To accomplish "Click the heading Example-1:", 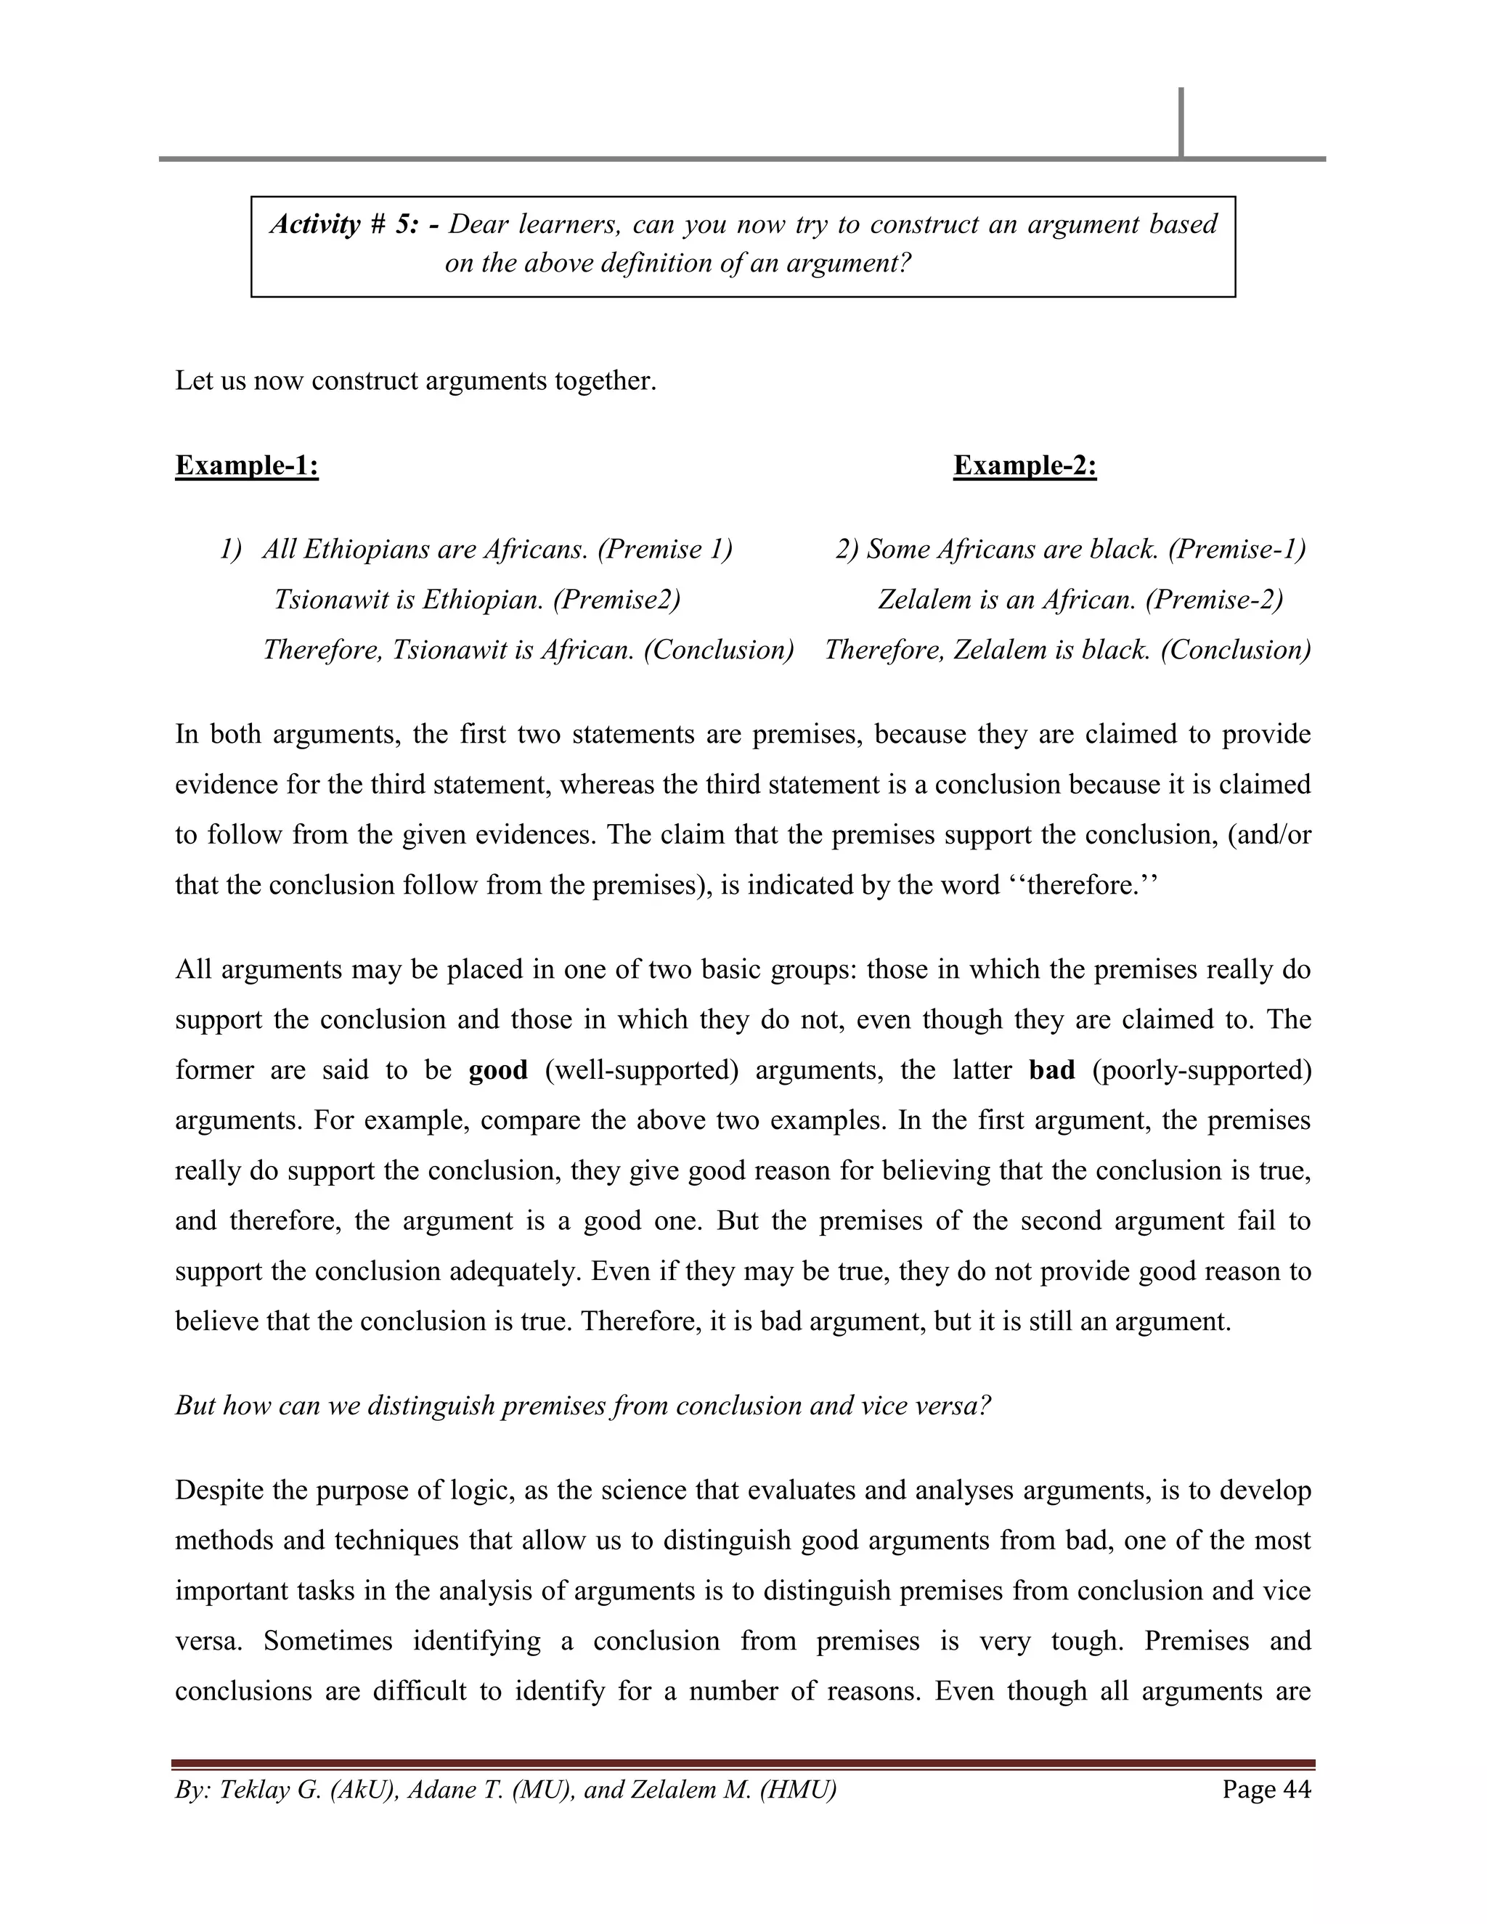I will pyautogui.click(x=247, y=465).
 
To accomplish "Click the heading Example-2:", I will pyautogui.click(x=1024, y=465).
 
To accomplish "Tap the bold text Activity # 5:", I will pyautogui.click(x=344, y=224).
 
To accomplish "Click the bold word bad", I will pyautogui.click(x=1051, y=1069).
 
